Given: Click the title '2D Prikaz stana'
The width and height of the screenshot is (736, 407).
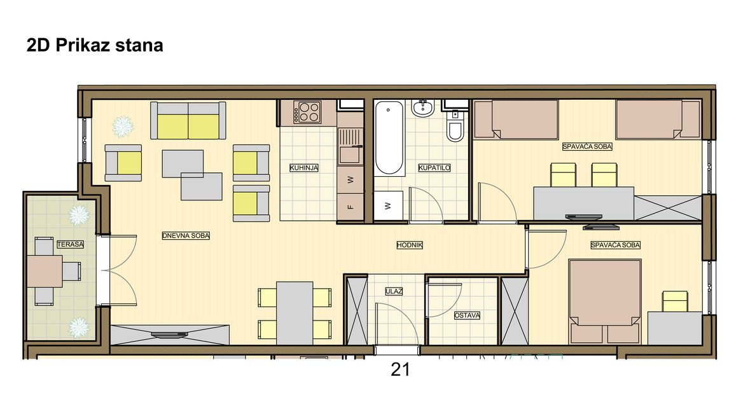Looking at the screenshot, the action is [95, 46].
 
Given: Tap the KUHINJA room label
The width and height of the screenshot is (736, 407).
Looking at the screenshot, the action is [303, 168].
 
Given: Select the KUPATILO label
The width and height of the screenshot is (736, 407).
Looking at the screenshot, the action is [434, 168].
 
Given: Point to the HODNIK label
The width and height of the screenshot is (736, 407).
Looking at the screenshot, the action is [410, 245].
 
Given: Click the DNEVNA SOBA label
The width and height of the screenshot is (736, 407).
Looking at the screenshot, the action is [186, 236].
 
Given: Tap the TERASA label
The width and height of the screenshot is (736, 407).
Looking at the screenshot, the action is [71, 245].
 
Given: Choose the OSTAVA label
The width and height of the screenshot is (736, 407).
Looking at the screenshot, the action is [467, 315].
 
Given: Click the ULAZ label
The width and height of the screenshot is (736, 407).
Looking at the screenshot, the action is [394, 291].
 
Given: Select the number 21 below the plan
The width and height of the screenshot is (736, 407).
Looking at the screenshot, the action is [400, 370].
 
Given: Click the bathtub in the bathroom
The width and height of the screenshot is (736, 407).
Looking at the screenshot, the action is [389, 138].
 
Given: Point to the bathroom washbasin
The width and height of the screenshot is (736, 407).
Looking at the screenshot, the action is [423, 108].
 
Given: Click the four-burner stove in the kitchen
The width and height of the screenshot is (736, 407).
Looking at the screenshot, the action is [307, 112].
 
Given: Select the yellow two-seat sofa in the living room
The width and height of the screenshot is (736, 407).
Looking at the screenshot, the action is [188, 121].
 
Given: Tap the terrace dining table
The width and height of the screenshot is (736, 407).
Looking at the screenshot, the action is [45, 272].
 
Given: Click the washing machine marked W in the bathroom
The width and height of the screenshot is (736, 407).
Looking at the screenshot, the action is [388, 205].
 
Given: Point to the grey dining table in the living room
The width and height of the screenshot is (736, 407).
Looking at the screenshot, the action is [295, 313].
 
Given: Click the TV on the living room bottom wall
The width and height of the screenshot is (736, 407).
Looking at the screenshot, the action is [169, 335].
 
